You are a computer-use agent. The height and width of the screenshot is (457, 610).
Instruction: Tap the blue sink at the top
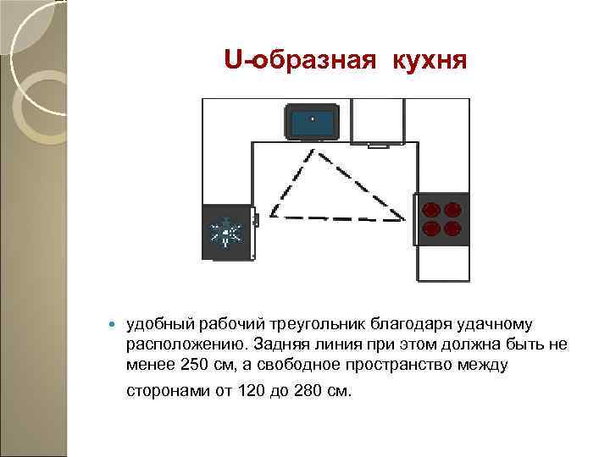(313, 122)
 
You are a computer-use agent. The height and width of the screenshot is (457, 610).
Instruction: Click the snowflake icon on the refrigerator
(226, 232)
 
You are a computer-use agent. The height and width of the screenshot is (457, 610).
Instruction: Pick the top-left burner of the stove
(431, 209)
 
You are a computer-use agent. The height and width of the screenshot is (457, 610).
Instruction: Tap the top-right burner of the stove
(452, 209)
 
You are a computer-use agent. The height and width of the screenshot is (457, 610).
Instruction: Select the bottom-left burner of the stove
(431, 228)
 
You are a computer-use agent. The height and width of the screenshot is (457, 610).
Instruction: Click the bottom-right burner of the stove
(452, 228)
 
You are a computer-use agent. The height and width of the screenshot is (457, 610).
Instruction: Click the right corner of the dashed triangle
(404, 221)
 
